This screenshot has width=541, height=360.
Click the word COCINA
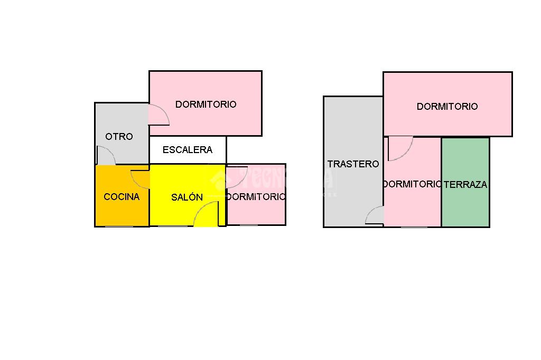click(x=122, y=197)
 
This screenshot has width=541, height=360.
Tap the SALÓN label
click(x=187, y=197)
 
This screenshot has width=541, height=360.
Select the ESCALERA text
click(x=188, y=150)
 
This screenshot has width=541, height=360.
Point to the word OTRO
click(x=119, y=136)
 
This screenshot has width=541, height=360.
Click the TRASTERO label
click(x=353, y=164)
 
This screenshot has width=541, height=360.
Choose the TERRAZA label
click(x=465, y=185)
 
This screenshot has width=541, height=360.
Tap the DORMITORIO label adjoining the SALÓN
click(x=256, y=197)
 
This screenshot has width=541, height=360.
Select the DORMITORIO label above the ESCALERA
click(x=206, y=105)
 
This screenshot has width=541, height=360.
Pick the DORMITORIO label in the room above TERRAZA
click(x=447, y=107)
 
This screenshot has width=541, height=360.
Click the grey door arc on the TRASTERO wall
click(x=375, y=215)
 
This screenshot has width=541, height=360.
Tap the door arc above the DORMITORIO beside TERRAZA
click(x=400, y=148)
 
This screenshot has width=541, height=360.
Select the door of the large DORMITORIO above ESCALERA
click(x=159, y=114)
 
